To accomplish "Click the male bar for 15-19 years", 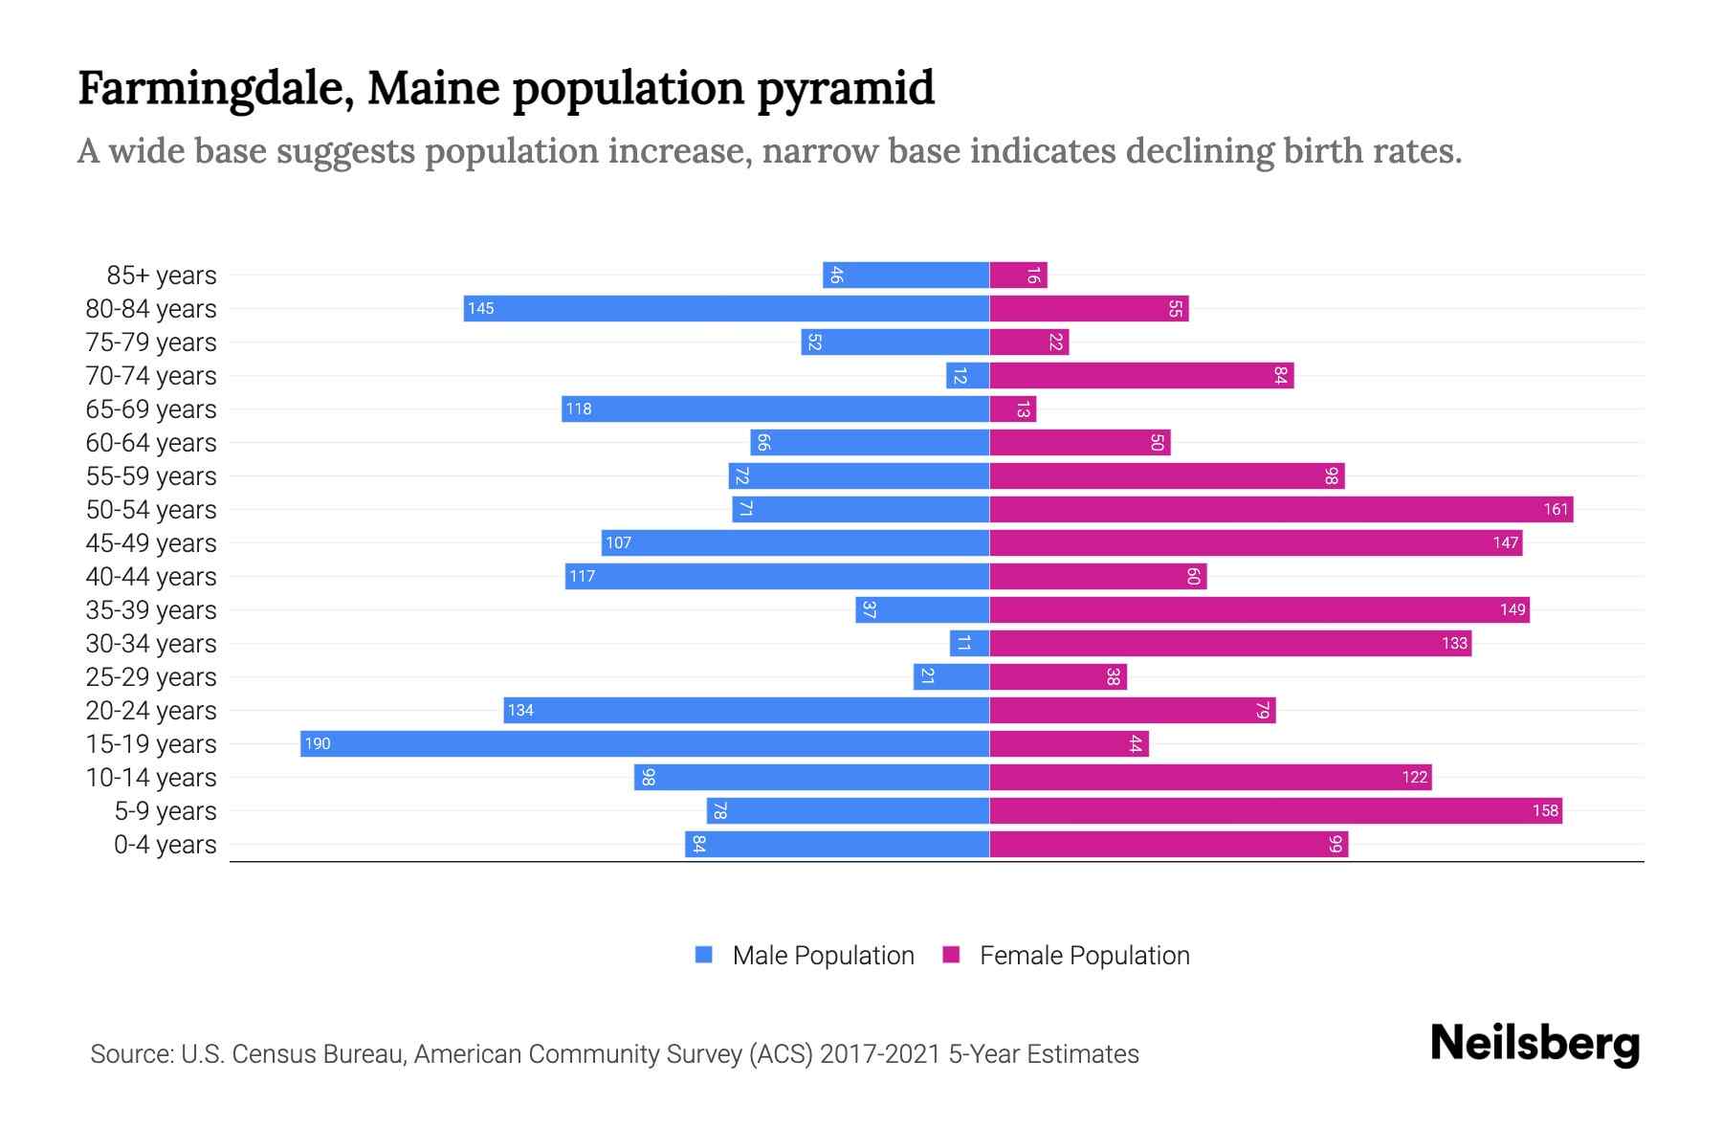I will pos(645,744).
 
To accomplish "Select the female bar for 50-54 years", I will pos(1281,510).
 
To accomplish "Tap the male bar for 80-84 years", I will pos(727,309).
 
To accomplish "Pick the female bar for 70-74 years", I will pos(1141,376).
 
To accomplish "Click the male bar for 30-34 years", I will pos(969,644).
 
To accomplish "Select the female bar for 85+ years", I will pos(1018,276).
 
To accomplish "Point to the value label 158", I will pos(1545,811).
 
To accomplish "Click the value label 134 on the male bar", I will pos(520,711).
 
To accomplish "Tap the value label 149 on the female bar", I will pos(1512,610).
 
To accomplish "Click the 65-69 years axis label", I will pos(151,409).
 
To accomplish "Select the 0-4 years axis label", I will pos(165,845).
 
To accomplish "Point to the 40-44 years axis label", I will pos(151,577).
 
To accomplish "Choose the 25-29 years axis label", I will pos(151,677).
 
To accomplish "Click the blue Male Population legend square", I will pos(704,955).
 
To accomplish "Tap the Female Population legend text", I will pos(1084,956).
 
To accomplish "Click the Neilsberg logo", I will pos(1534,1044).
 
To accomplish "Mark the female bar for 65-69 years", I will pos(1012,409).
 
